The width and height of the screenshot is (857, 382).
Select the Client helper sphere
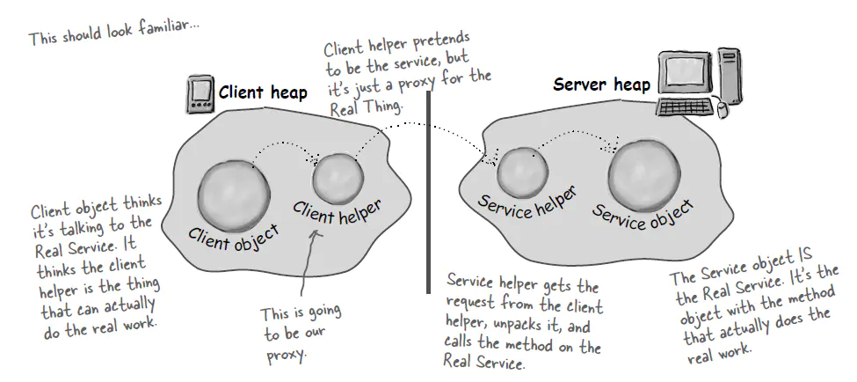(338, 176)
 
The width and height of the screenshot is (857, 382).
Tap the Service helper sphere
(523, 172)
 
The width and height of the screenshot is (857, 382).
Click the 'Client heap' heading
(263, 93)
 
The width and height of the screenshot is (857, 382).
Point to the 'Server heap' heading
(601, 85)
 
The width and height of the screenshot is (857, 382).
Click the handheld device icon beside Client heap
(200, 96)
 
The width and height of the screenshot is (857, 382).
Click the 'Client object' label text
(234, 236)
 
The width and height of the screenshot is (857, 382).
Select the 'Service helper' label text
(527, 205)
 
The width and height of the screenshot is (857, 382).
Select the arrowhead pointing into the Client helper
(313, 158)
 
